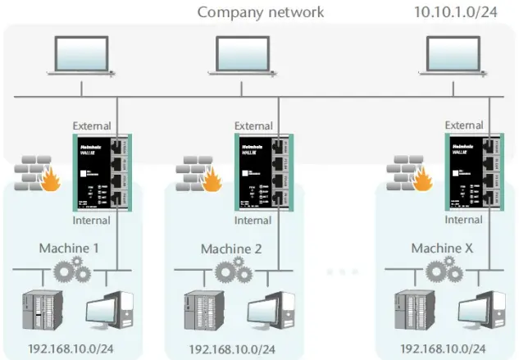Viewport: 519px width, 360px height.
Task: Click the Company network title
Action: (x=261, y=12)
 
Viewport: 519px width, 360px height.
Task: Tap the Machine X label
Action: (x=444, y=248)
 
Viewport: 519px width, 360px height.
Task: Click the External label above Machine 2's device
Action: (x=253, y=125)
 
